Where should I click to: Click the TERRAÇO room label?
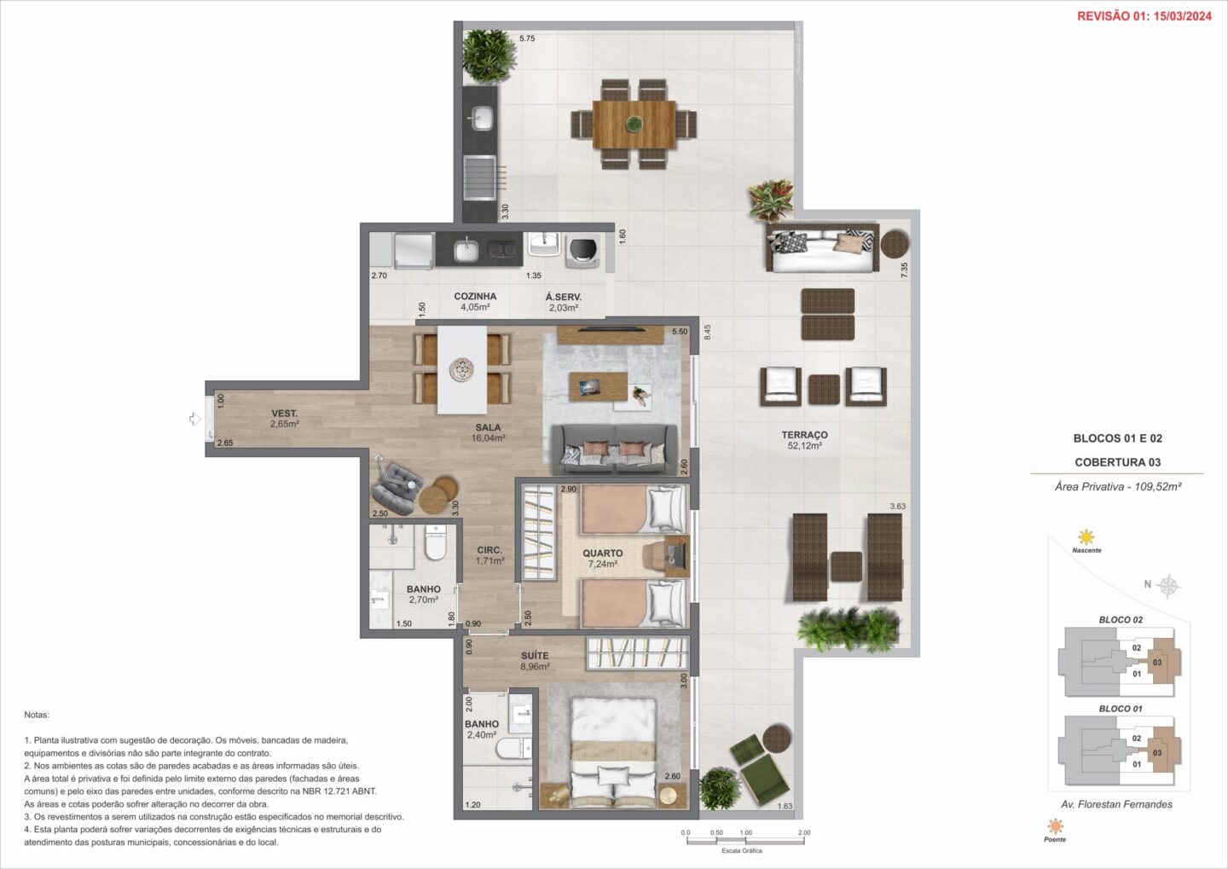pyautogui.click(x=804, y=435)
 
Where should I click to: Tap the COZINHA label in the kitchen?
pyautogui.click(x=475, y=296)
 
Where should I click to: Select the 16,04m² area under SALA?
pyautogui.click(x=488, y=438)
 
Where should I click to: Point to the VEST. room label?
pyautogui.click(x=284, y=414)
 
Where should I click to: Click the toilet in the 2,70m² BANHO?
pyautogui.click(x=436, y=542)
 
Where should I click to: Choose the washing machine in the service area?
pyautogui.click(x=582, y=252)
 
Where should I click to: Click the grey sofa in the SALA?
pyautogui.click(x=613, y=449)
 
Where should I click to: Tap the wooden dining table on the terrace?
pyautogui.click(x=634, y=124)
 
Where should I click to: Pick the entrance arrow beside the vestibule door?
pyautogui.click(x=195, y=419)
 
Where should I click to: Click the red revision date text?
pyautogui.click(x=1144, y=16)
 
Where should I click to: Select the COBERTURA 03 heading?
pyautogui.click(x=1117, y=462)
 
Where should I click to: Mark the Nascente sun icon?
pyautogui.click(x=1086, y=536)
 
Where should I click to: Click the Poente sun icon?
pyautogui.click(x=1055, y=826)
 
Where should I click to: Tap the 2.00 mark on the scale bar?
pyautogui.click(x=803, y=832)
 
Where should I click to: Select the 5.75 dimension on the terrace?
pyautogui.click(x=527, y=38)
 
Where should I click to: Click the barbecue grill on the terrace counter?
pyautogui.click(x=480, y=179)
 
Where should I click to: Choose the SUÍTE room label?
pyautogui.click(x=535, y=656)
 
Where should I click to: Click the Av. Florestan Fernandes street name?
pyautogui.click(x=1117, y=804)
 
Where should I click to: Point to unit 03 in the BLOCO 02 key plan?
pyautogui.click(x=1156, y=663)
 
